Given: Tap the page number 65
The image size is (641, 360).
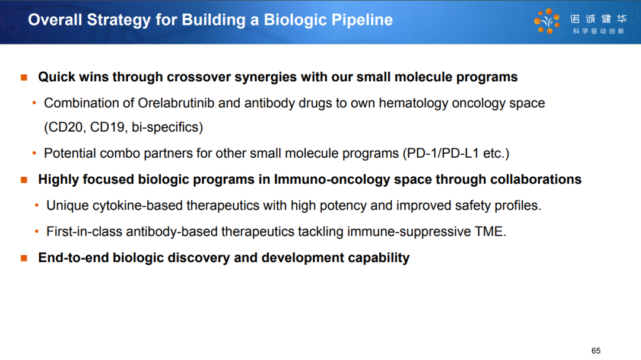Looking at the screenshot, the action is tap(596, 351).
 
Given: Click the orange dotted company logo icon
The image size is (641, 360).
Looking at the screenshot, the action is tap(547, 21).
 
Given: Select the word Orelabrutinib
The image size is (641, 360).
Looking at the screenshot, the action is tap(176, 103).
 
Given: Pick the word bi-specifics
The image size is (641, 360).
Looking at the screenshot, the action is tap(165, 128).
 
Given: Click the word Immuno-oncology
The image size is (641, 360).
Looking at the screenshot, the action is tap(332, 179).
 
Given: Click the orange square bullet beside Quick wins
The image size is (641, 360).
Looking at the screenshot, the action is tap(24, 77).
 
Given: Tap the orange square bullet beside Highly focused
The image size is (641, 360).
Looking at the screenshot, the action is tap(24, 180).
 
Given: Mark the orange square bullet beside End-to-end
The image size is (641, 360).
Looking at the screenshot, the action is tap(24, 258).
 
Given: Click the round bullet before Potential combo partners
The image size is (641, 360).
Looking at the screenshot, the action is tap(34, 153).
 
